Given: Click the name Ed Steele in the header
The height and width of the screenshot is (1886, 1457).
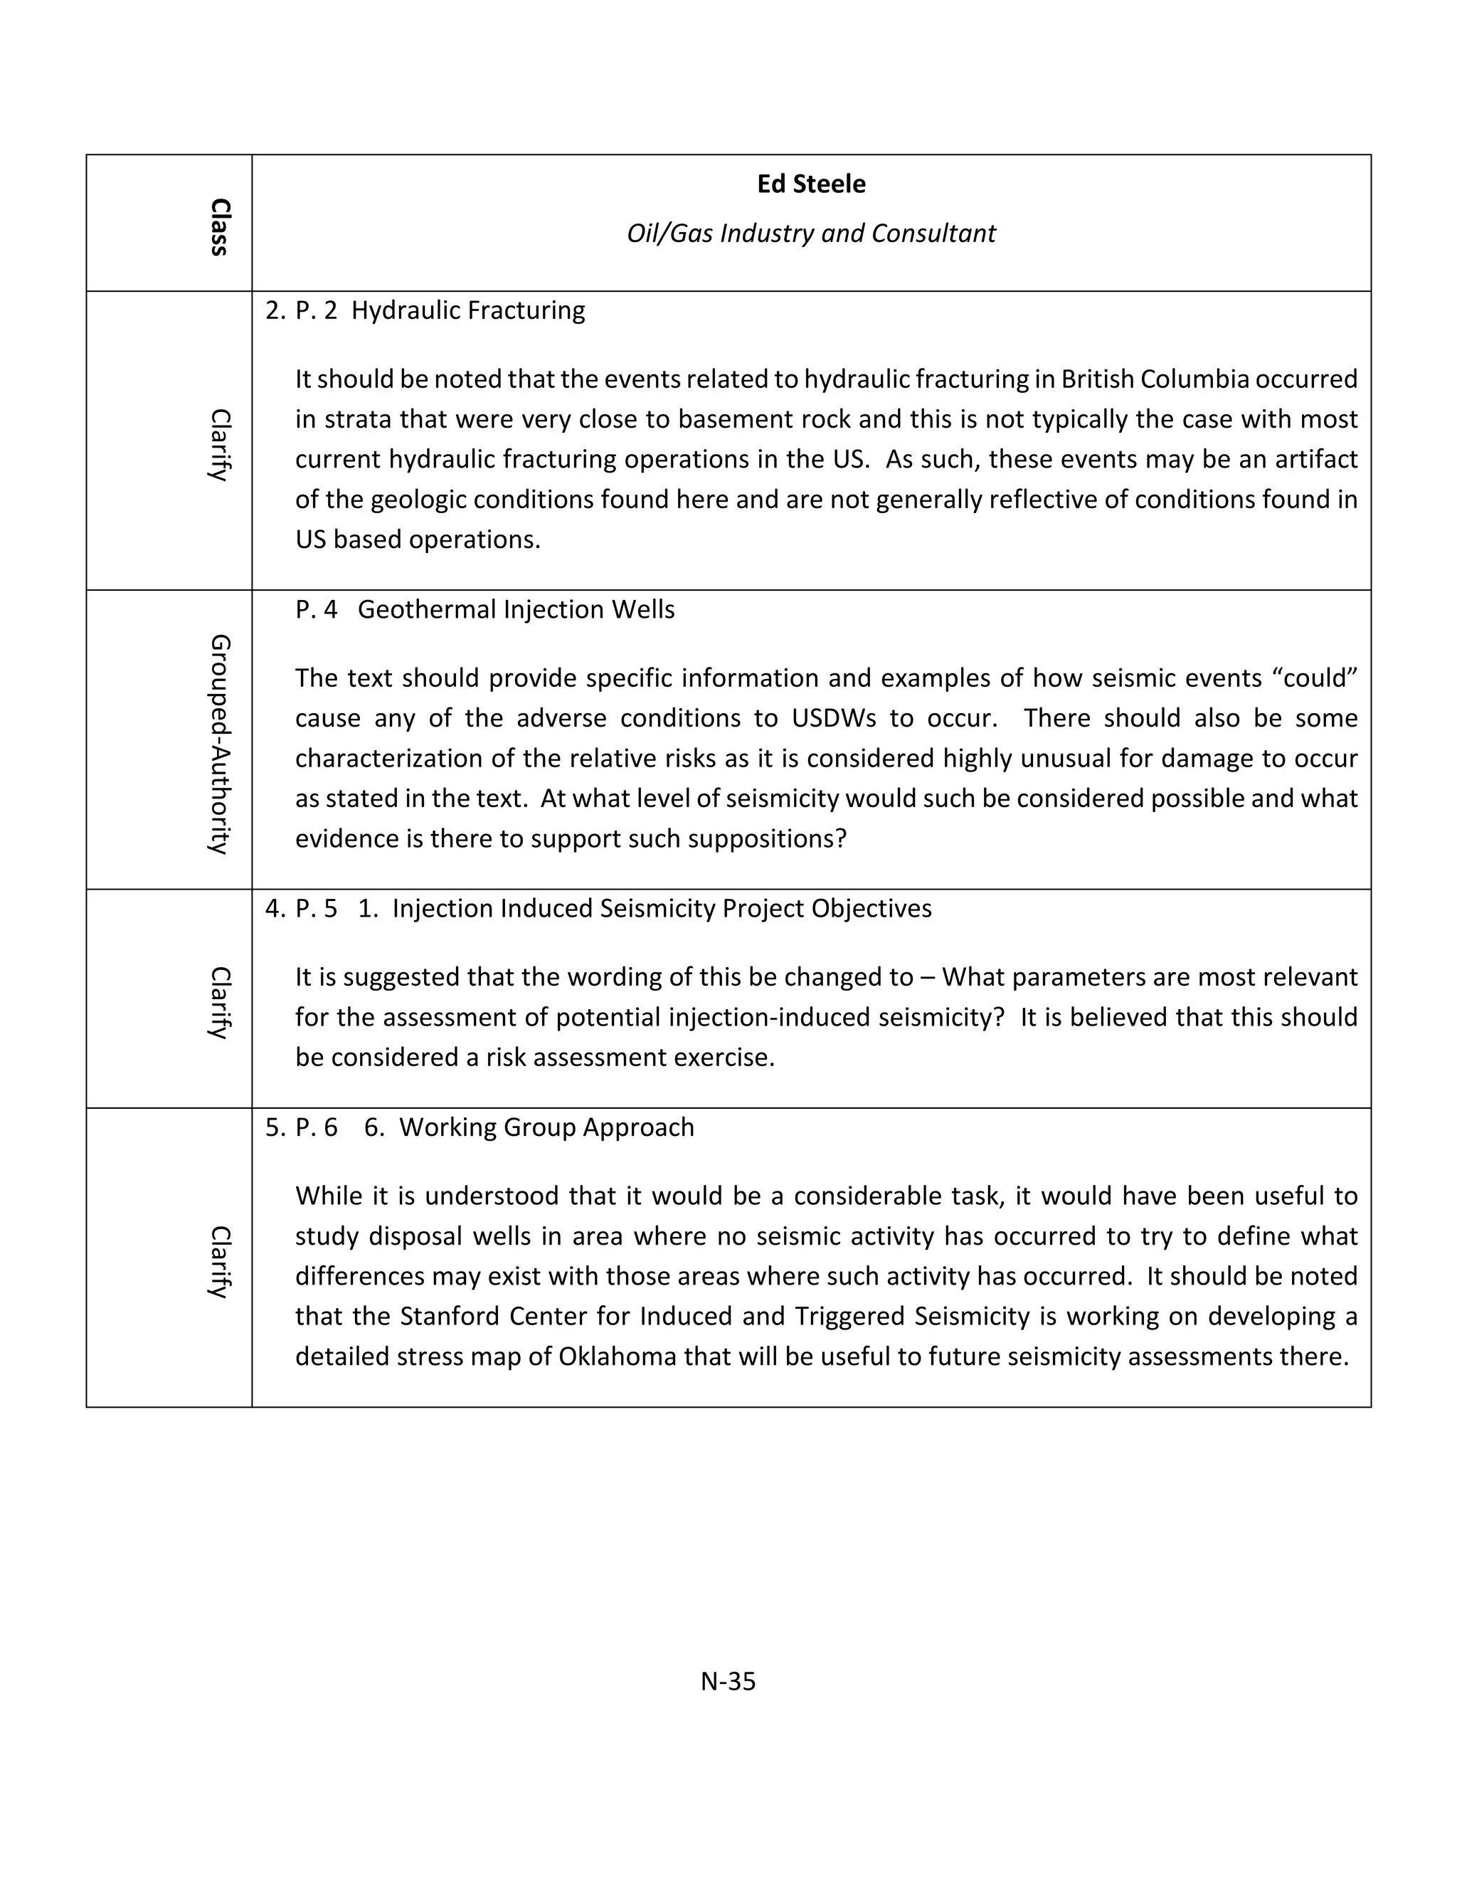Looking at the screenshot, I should point(810,184).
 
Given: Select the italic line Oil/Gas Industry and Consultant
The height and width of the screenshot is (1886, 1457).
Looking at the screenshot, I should point(810,233).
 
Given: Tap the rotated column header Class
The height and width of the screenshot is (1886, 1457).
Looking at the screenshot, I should point(220,227).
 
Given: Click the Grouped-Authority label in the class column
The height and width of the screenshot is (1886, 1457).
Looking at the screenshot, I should point(220,744).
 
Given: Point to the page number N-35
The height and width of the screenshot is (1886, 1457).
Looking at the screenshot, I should point(728,1680).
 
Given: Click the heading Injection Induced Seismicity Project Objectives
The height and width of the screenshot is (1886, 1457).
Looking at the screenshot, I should point(661,908).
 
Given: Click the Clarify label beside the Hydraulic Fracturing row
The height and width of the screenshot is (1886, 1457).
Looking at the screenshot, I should point(220,445).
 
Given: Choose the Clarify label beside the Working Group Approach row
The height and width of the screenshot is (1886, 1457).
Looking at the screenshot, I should point(220,1262).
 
